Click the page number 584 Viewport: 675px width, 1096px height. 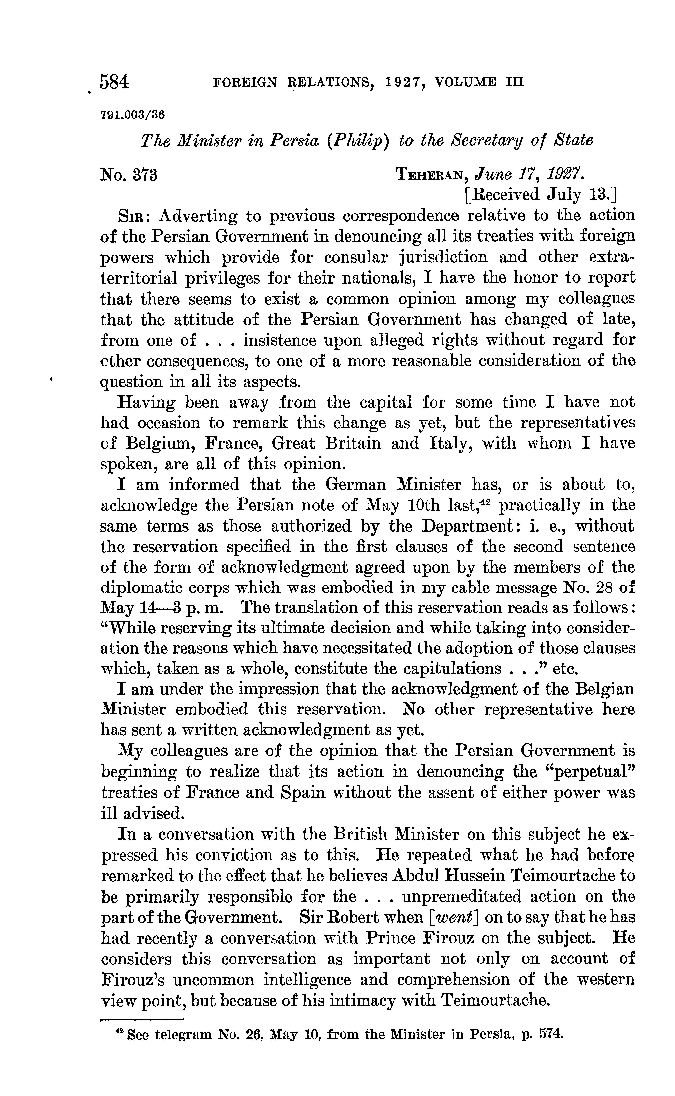(115, 83)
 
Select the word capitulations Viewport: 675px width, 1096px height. (452, 669)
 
